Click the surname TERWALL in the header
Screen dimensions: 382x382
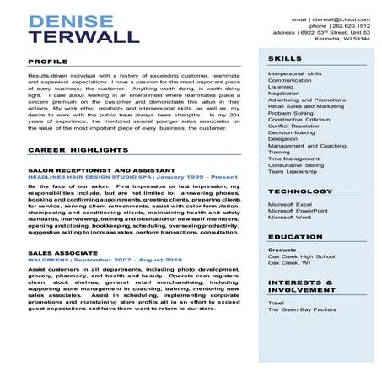pyautogui.click(x=83, y=37)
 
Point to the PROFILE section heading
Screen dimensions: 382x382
pyautogui.click(x=48, y=62)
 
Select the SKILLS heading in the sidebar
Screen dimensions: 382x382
pyautogui.click(x=284, y=58)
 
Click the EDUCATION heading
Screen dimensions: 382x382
pyautogui.click(x=296, y=238)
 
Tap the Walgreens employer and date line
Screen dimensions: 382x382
pyautogui.click(x=105, y=261)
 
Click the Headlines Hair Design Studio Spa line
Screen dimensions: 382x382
pyautogui.click(x=132, y=178)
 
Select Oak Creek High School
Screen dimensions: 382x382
pyautogui.click(x=301, y=256)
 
